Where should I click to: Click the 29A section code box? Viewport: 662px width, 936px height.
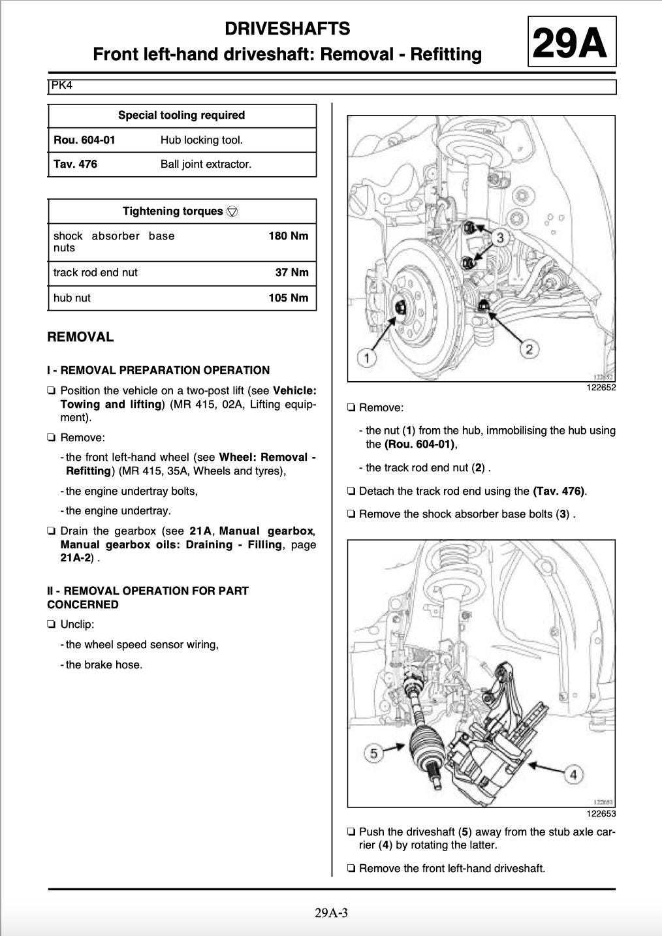[x=571, y=43]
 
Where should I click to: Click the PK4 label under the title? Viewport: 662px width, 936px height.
[x=61, y=86]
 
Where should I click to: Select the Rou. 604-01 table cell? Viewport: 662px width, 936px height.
[x=84, y=140]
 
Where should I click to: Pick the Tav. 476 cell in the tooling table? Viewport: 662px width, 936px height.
[x=75, y=164]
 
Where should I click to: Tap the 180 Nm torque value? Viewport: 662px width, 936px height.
[x=288, y=236]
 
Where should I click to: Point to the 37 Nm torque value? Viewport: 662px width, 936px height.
[x=291, y=272]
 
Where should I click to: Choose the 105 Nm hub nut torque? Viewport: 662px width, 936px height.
[x=288, y=298]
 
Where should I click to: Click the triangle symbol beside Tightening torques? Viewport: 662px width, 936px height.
[x=232, y=211]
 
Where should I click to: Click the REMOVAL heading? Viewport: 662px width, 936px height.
[x=80, y=337]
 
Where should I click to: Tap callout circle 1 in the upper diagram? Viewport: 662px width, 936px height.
[x=367, y=357]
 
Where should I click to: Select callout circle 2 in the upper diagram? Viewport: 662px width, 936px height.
[x=529, y=349]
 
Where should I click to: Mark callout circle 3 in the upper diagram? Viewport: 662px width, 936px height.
[x=500, y=237]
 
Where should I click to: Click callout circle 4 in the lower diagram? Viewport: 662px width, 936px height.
[x=573, y=775]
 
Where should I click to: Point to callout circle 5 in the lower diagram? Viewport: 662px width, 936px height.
[x=373, y=754]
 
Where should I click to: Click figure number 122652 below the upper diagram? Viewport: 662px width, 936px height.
[x=601, y=387]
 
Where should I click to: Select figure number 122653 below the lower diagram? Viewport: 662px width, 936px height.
[x=601, y=813]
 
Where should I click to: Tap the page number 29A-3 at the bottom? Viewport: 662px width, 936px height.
[x=331, y=912]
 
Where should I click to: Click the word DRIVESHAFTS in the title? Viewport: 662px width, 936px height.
[x=287, y=29]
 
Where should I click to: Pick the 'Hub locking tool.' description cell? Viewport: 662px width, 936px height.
[x=202, y=140]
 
